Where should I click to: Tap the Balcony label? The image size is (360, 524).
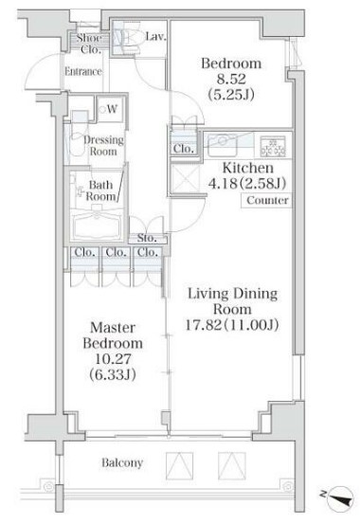122,462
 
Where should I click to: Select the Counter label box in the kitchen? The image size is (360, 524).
267,201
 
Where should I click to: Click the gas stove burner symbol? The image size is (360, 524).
273,146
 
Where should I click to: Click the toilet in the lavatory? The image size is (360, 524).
128,42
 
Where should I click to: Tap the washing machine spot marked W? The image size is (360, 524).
110,109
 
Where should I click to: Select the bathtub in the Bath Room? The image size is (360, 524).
97,225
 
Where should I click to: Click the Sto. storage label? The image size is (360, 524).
147,238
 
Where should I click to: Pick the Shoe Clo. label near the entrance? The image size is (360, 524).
90,44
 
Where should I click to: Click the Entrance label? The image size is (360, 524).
83,71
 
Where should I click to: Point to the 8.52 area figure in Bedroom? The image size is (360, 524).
231,80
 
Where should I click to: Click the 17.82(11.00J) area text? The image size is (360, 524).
232,325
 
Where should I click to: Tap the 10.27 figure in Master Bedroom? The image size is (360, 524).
113,359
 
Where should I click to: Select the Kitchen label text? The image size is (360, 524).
247,168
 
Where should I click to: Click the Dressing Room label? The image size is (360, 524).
103,146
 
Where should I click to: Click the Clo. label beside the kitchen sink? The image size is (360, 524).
183,149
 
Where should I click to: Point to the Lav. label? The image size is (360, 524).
155,36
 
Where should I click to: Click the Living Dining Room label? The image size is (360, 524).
233,300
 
